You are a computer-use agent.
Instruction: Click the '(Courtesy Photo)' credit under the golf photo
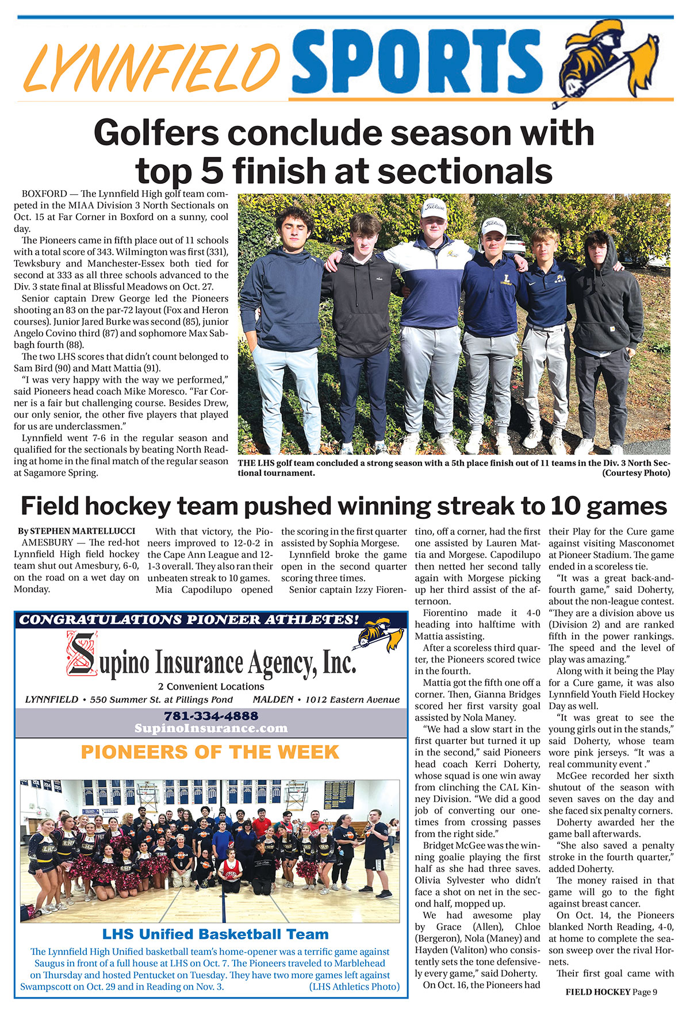[x=636, y=473]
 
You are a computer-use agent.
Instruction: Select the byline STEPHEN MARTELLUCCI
[x=82, y=531]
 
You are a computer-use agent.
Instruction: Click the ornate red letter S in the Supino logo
[x=82, y=653]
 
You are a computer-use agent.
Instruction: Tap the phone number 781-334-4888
[x=211, y=716]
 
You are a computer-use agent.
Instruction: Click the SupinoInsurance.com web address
[x=211, y=728]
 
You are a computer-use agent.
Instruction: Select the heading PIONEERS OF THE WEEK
[x=210, y=752]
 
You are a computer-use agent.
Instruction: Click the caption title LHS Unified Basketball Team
[x=215, y=934]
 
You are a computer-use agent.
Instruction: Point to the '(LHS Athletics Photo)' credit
[x=354, y=987]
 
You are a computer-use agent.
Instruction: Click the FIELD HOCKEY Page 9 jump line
[x=611, y=992]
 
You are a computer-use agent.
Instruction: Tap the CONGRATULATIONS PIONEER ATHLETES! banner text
[x=189, y=619]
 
